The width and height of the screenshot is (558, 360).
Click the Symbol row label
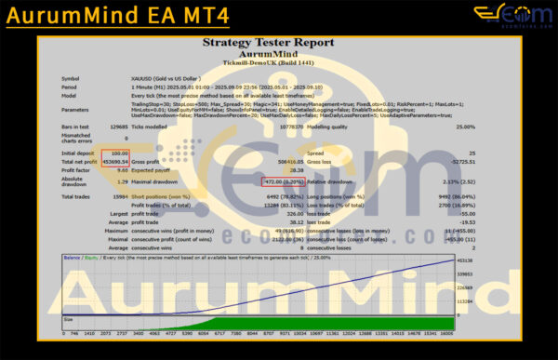tap(71, 78)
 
